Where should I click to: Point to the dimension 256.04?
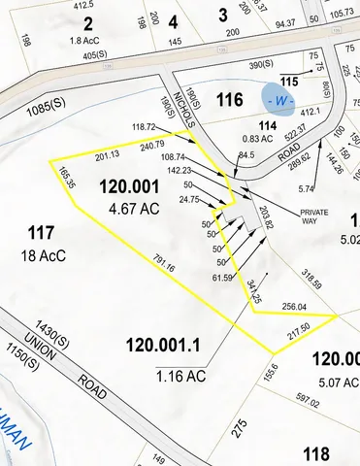[293, 306]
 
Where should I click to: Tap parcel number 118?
[315, 452]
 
